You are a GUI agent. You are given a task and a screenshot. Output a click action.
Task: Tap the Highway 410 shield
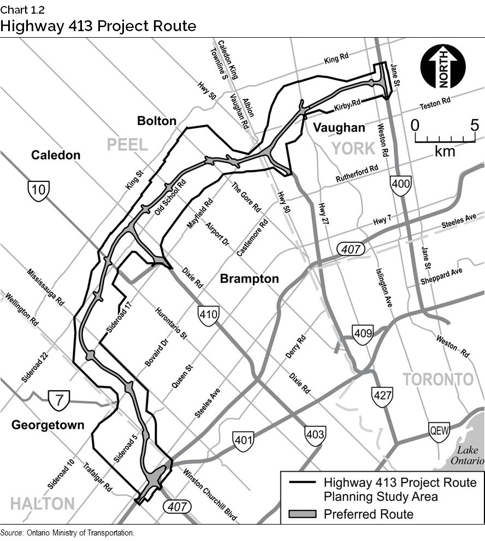pos(209,316)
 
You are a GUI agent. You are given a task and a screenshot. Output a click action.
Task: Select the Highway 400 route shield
pos(400,186)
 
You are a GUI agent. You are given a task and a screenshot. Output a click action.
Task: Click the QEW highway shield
pos(439,431)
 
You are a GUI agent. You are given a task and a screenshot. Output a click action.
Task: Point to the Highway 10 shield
pos(39,191)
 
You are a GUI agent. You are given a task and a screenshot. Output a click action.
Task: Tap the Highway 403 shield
pos(316,436)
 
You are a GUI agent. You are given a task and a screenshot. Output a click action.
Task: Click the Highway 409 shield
pos(363,334)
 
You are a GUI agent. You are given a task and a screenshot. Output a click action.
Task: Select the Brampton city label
pos(249,279)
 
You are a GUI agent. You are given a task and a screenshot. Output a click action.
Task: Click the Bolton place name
pos(157,121)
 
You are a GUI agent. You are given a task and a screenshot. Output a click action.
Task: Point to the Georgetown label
pos(48,425)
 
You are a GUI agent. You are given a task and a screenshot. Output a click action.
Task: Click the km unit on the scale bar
pos(445,151)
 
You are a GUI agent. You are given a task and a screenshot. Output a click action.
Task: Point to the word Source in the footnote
pos(11,533)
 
